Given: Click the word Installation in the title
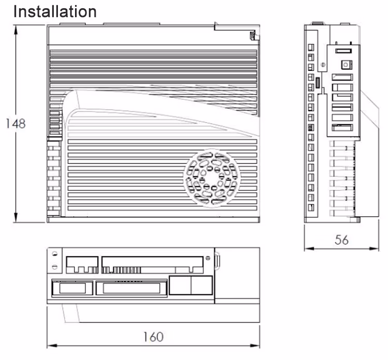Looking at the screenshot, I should coord(54,11).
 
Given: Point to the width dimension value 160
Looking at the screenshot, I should coord(153,337).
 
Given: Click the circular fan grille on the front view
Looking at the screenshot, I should coord(213,177).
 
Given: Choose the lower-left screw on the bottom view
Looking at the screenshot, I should coord(55,267).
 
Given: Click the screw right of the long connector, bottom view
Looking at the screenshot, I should coord(207,257).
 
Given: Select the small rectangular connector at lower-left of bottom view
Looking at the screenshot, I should coord(72,287).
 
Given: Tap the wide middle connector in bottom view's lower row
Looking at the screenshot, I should coord(131,287).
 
